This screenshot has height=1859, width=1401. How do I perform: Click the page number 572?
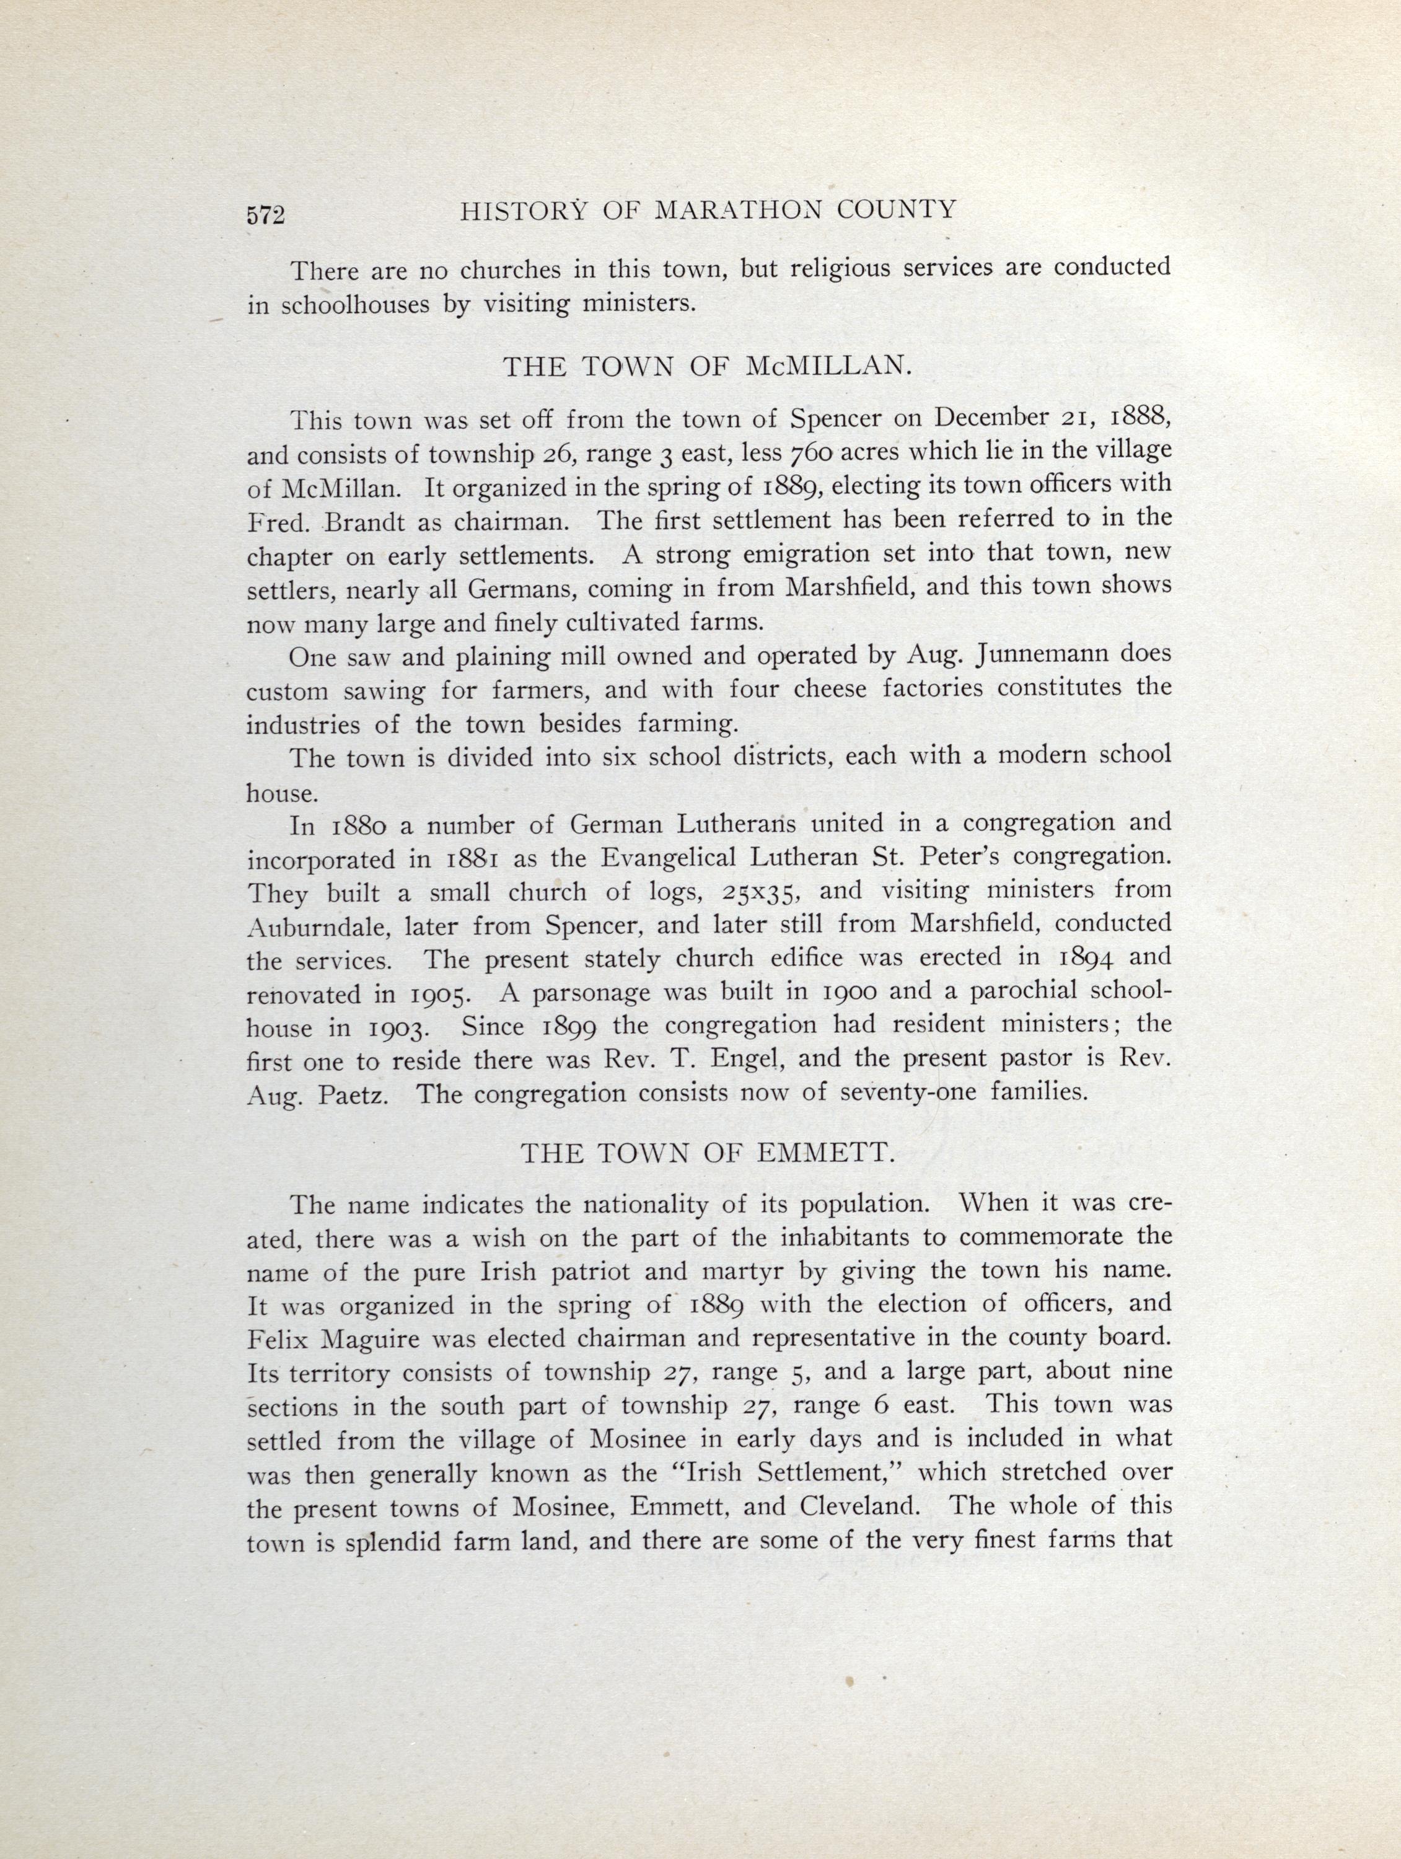266,215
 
